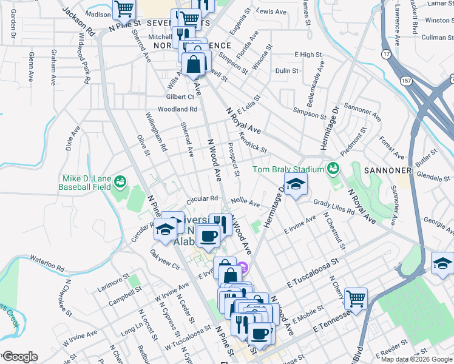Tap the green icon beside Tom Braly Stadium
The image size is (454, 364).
point(333,167)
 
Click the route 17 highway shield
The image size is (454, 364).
point(385,54)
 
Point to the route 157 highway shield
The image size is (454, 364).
point(406,79)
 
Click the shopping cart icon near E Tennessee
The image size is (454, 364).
point(356,298)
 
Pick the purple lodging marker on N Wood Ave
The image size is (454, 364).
point(242,266)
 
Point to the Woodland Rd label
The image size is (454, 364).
point(178,109)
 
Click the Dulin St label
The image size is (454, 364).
point(286,71)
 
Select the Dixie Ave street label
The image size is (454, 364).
point(72,138)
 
